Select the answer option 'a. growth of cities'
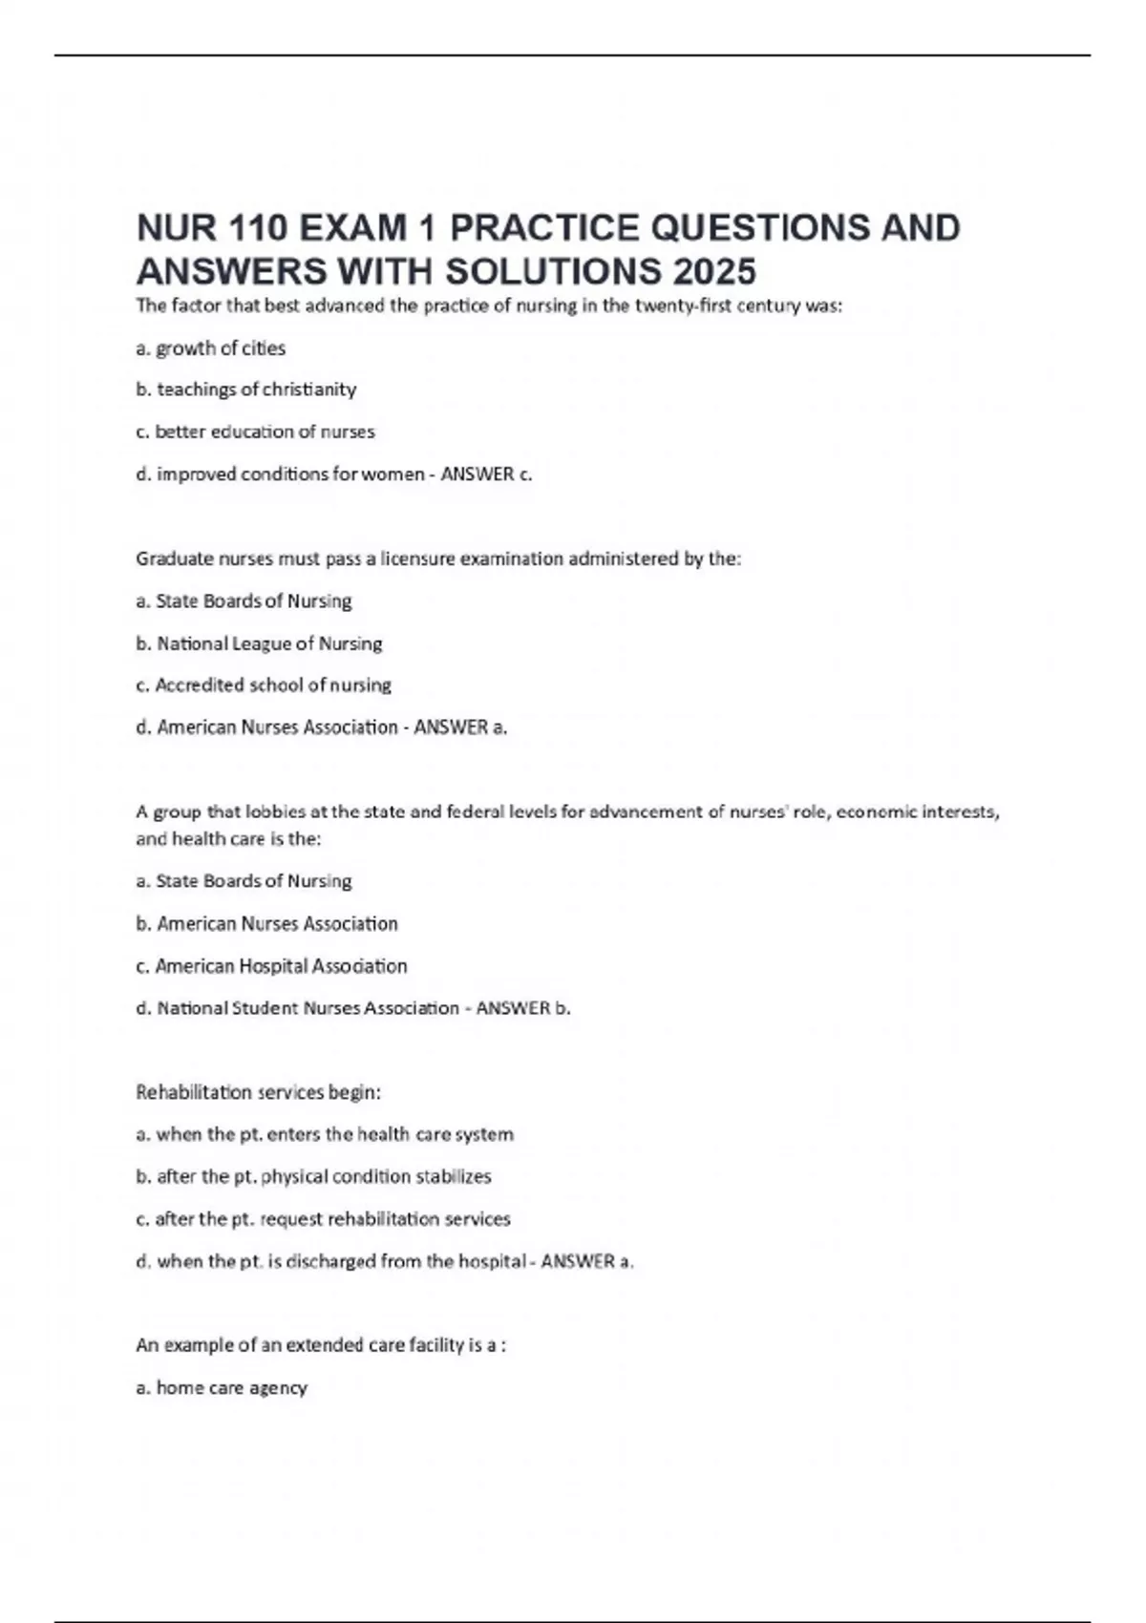pyautogui.click(x=211, y=348)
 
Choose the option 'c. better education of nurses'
pyautogui.click(x=255, y=432)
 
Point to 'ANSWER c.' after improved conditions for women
pyautogui.click(x=486, y=474)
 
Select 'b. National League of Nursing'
pyautogui.click(x=259, y=643)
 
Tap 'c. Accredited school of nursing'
pyautogui.click(x=264, y=685)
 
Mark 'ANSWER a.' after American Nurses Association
pyautogui.click(x=460, y=727)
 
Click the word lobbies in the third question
pyautogui.click(x=276, y=812)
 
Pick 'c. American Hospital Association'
pyautogui.click(x=271, y=966)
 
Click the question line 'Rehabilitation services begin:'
pyautogui.click(x=258, y=1092)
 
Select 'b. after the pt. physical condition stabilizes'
pyautogui.click(x=313, y=1177)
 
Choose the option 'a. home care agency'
pyautogui.click(x=222, y=1388)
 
